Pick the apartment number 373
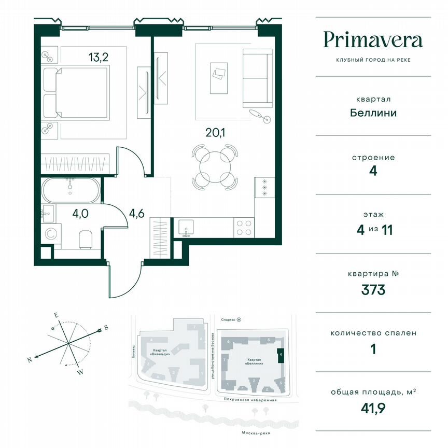(x=373, y=290)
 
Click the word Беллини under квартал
(x=373, y=113)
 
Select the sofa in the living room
(x=258, y=78)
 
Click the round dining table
(x=215, y=167)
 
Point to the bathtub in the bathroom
(x=69, y=190)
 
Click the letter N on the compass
(x=30, y=359)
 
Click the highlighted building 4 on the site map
(x=281, y=355)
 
